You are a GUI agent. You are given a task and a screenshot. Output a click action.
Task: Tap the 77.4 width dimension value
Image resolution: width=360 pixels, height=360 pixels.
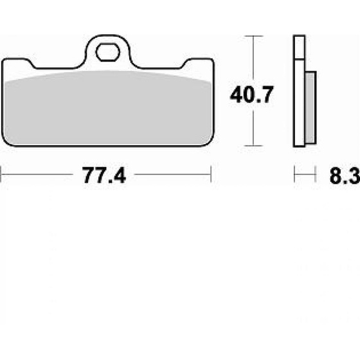point(104,175)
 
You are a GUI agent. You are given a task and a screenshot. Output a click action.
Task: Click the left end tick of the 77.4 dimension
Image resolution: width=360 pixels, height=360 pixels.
point(2,174)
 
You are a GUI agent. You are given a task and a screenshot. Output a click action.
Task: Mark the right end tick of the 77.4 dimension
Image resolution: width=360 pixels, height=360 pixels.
point(211,174)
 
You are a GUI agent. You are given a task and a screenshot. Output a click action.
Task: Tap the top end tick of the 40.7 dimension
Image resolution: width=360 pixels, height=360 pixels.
point(255,37)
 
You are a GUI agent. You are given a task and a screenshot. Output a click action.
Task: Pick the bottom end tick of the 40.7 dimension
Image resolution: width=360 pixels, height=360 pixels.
point(255,146)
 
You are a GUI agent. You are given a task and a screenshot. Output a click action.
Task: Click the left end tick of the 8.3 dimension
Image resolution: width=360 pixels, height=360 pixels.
point(295,174)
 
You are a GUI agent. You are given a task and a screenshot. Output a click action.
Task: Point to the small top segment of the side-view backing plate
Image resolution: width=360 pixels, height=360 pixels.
point(298,48)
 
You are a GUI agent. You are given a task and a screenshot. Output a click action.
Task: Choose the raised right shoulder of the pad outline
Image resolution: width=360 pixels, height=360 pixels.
point(197,61)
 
